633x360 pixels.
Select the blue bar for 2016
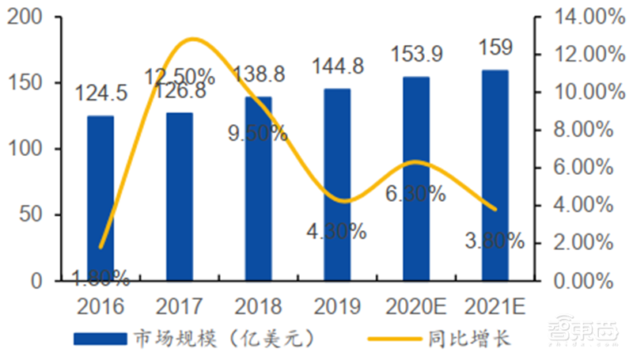point(100,198)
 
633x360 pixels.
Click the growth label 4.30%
point(337,232)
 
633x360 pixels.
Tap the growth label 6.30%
point(416,193)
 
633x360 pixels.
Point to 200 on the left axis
point(24,17)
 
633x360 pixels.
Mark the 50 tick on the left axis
point(30,215)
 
